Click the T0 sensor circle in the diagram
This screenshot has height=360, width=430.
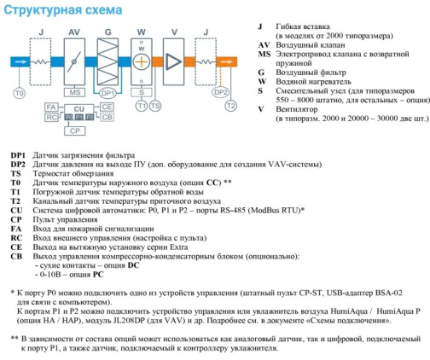click(20, 93)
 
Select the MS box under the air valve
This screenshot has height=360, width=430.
click(74, 92)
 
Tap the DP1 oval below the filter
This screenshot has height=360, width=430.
click(107, 93)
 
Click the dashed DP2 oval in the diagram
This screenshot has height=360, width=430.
click(221, 92)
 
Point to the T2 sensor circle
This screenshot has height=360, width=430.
click(230, 106)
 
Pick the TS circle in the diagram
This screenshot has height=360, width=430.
click(155, 106)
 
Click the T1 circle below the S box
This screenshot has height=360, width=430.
click(142, 106)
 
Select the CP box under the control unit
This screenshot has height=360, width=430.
click(75, 131)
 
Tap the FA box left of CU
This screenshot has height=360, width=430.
click(51, 107)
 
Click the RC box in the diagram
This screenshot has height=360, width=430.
click(51, 117)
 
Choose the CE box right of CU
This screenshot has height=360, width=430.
click(107, 107)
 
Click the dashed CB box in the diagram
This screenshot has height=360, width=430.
click(107, 117)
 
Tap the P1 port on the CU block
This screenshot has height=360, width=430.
click(79, 117)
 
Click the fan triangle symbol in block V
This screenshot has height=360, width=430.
click(173, 61)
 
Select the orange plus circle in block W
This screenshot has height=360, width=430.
click(142, 61)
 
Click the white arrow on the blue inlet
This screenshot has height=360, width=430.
click(20, 61)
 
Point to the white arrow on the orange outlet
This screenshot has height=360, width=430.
click(227, 61)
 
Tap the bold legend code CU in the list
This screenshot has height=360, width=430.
click(16, 211)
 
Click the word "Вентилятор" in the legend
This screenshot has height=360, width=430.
click(297, 109)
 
